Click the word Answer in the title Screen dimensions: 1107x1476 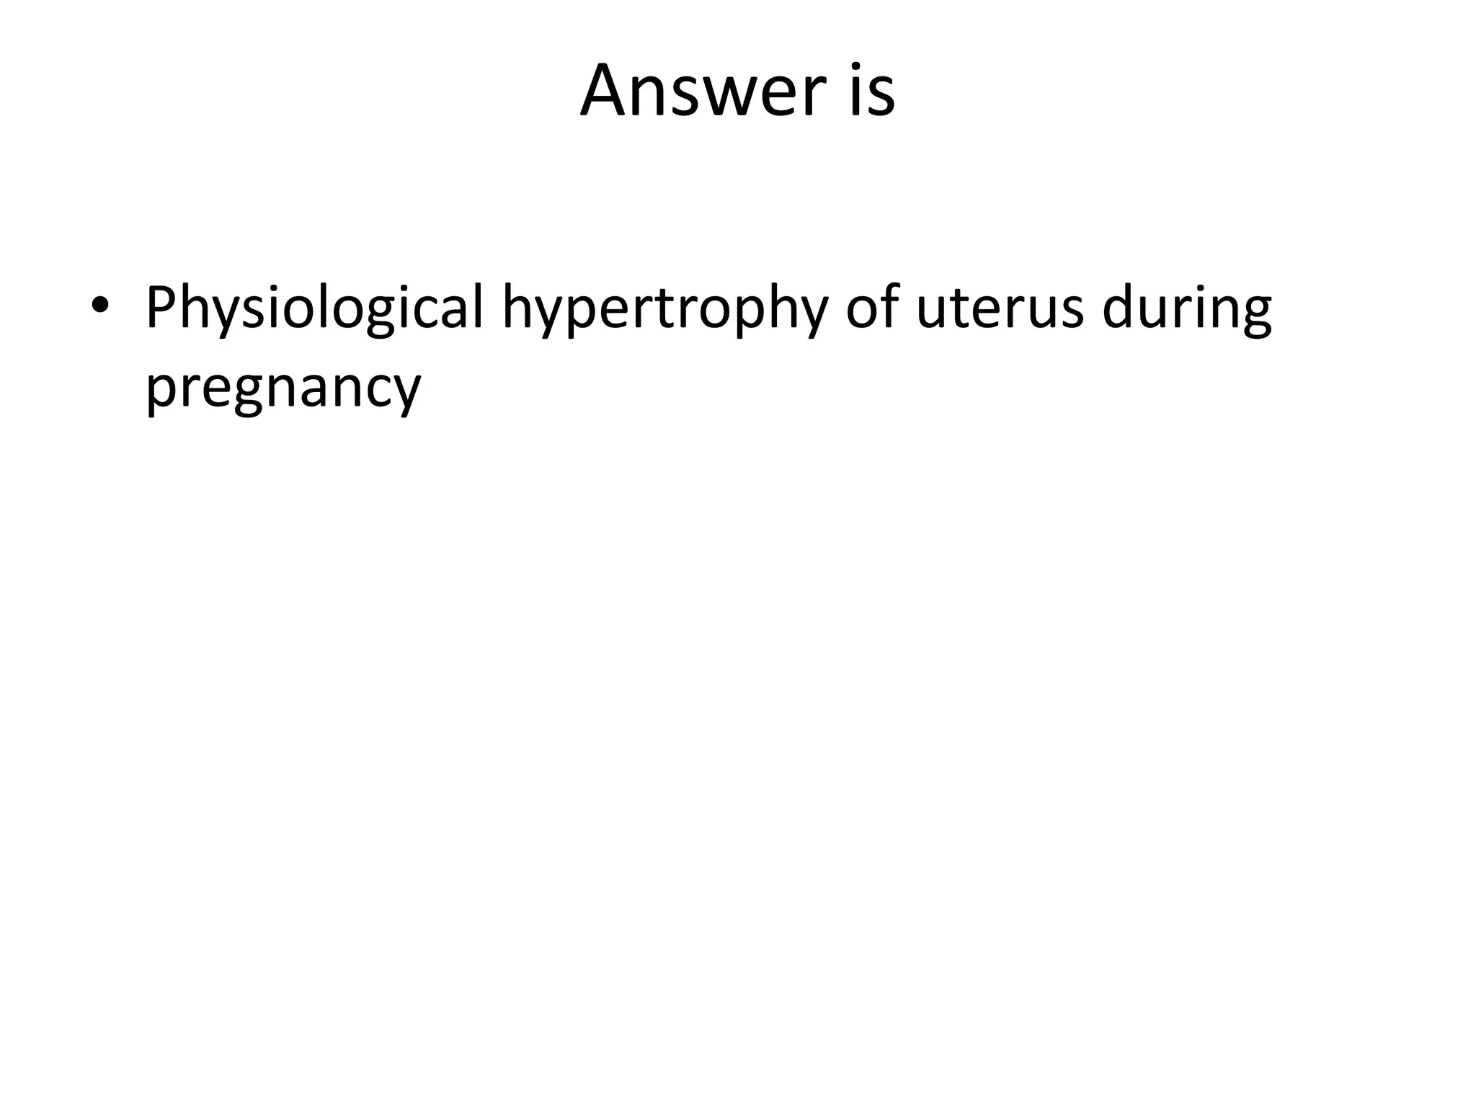coord(703,92)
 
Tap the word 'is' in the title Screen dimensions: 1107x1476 coord(873,92)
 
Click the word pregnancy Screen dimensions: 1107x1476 coord(283,389)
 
